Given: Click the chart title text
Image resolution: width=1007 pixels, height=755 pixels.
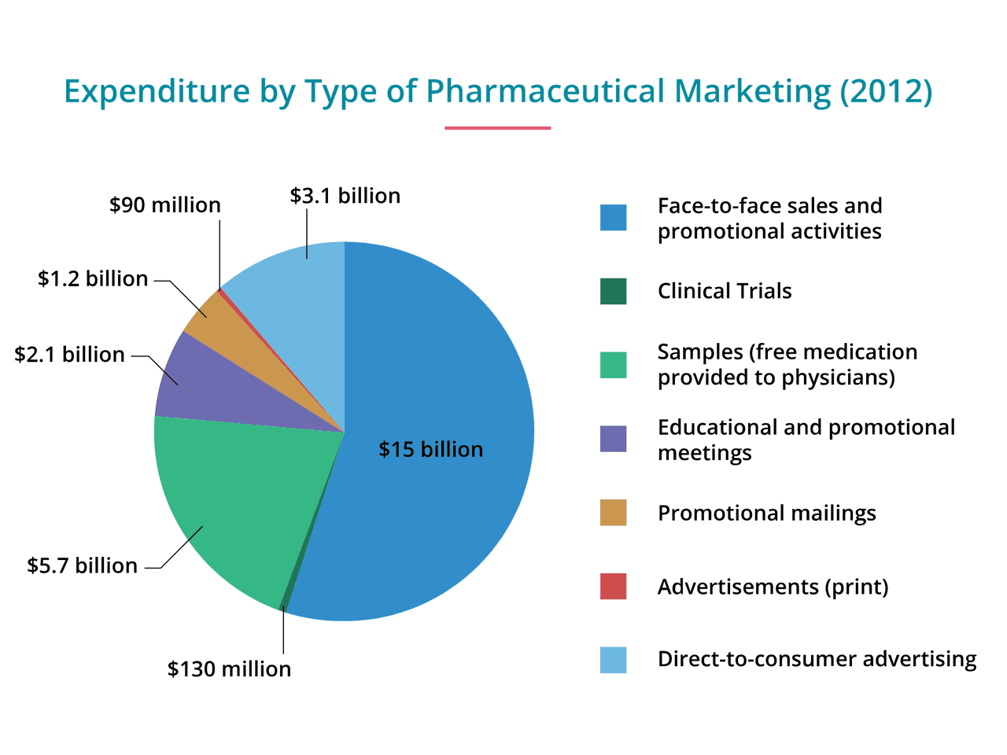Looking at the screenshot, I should (x=498, y=91).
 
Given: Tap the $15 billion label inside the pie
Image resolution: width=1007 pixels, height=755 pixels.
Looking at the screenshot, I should (x=431, y=449).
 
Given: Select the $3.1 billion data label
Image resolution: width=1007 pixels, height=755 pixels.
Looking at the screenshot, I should (x=345, y=196).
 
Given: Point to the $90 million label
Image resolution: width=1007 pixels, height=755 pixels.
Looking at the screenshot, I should (x=165, y=205).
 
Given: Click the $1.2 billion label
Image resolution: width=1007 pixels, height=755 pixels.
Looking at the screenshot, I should (x=93, y=279).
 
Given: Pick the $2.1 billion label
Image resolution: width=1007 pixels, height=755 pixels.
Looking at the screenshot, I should (x=69, y=355).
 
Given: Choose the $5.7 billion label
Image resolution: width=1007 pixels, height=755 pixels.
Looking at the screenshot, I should (x=82, y=565).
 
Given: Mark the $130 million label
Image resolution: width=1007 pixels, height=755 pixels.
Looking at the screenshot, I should (x=229, y=668).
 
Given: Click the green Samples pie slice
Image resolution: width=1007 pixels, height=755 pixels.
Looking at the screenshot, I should (x=236, y=503).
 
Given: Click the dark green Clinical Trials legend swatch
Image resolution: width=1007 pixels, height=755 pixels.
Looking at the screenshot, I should (x=613, y=291).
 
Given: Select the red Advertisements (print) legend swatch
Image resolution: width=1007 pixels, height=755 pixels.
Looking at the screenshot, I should (x=613, y=587).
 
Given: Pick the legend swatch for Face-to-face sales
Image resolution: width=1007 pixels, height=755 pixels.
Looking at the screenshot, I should (x=613, y=218).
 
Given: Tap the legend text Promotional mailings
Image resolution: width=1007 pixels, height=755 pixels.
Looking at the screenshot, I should (x=766, y=513).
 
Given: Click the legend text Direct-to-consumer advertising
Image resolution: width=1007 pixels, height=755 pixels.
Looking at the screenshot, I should (x=817, y=659).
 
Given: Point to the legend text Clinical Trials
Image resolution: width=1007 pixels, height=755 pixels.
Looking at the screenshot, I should (x=725, y=291).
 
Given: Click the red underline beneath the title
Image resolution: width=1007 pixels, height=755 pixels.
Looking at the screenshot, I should (x=497, y=127).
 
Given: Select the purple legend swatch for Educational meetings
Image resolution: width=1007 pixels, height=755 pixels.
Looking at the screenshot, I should (x=613, y=439).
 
